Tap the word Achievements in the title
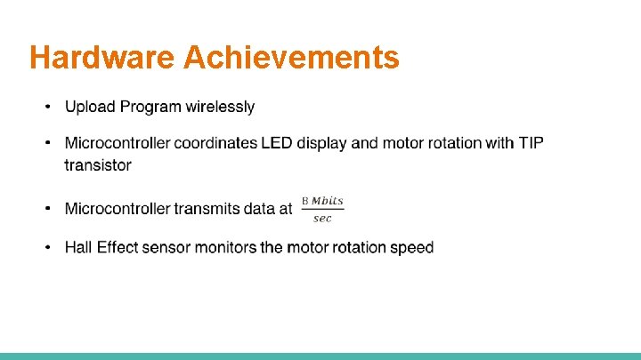click(x=291, y=58)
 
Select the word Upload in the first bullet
click(x=90, y=107)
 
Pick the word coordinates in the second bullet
click(x=215, y=143)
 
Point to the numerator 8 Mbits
click(x=322, y=201)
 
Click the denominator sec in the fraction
click(x=322, y=219)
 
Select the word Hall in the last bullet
click(x=78, y=247)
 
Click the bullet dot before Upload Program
click(x=50, y=108)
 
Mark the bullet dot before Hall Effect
click(x=50, y=248)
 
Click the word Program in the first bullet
click(x=150, y=107)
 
